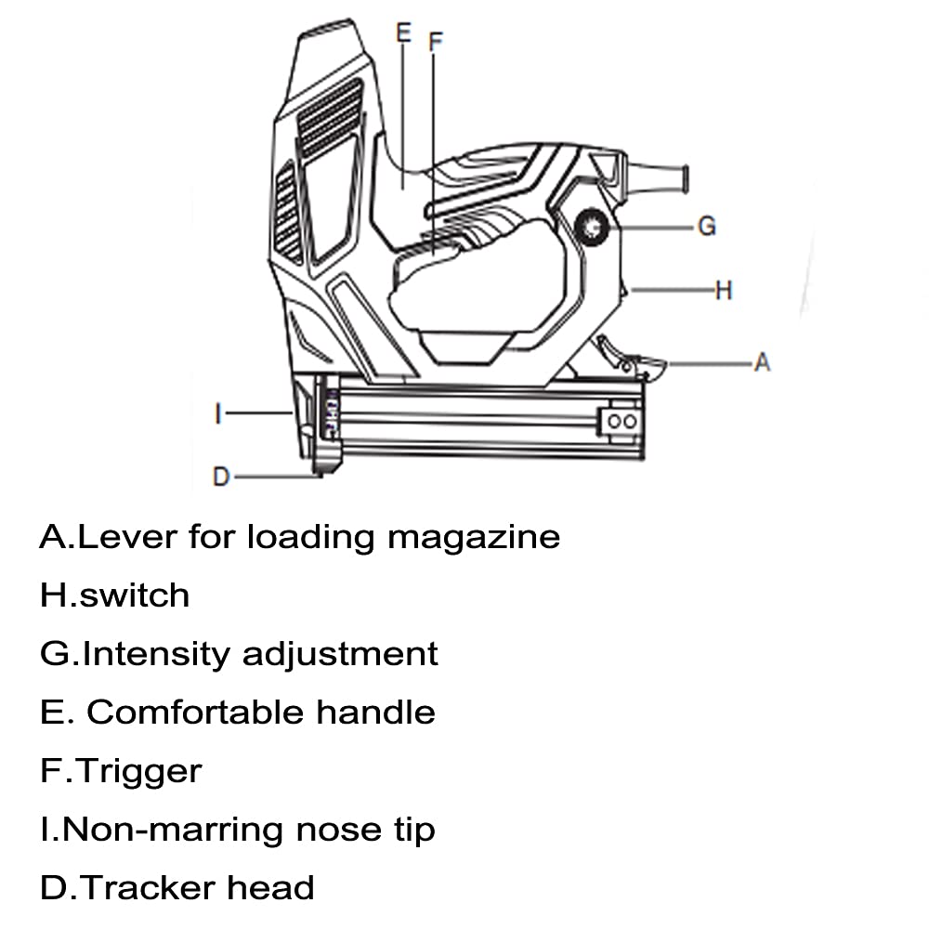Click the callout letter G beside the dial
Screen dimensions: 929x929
coord(707,226)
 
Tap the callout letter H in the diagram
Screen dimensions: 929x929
coord(724,291)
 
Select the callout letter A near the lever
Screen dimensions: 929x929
coord(762,362)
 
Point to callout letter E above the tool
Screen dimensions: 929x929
coord(402,33)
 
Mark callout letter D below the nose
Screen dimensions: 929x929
coord(221,477)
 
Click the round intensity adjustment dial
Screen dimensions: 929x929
coord(591,226)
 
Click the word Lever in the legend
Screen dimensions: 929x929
coord(129,537)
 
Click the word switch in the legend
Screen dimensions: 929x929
coord(135,595)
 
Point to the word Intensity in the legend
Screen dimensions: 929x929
coord(155,654)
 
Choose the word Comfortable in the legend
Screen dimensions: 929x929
coord(195,713)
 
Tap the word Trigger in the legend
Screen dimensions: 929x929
coord(139,772)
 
